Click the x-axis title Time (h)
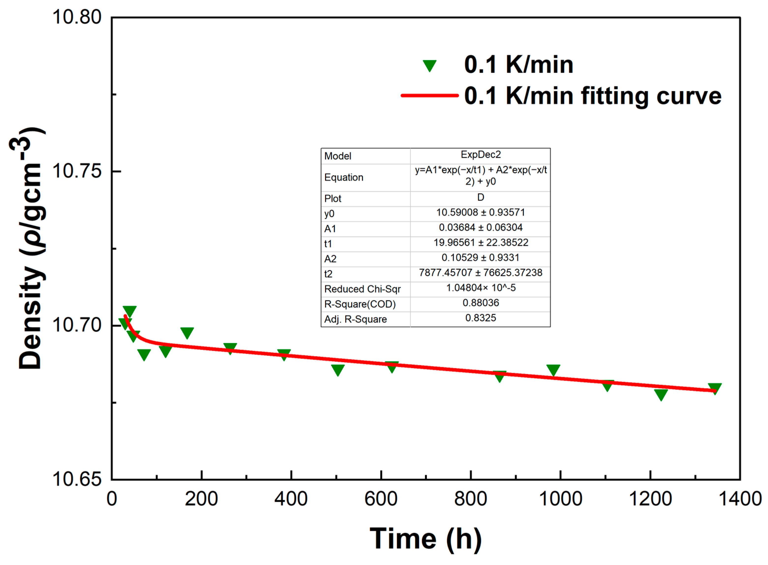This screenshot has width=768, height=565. point(426,539)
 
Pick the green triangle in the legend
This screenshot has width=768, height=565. point(429,65)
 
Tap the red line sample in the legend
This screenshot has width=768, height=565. point(429,95)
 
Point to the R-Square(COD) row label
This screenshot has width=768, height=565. point(360,304)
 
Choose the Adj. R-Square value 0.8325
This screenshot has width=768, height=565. point(481,318)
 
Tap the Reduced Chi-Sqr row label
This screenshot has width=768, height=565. point(362,289)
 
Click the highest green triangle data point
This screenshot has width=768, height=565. point(130,311)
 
